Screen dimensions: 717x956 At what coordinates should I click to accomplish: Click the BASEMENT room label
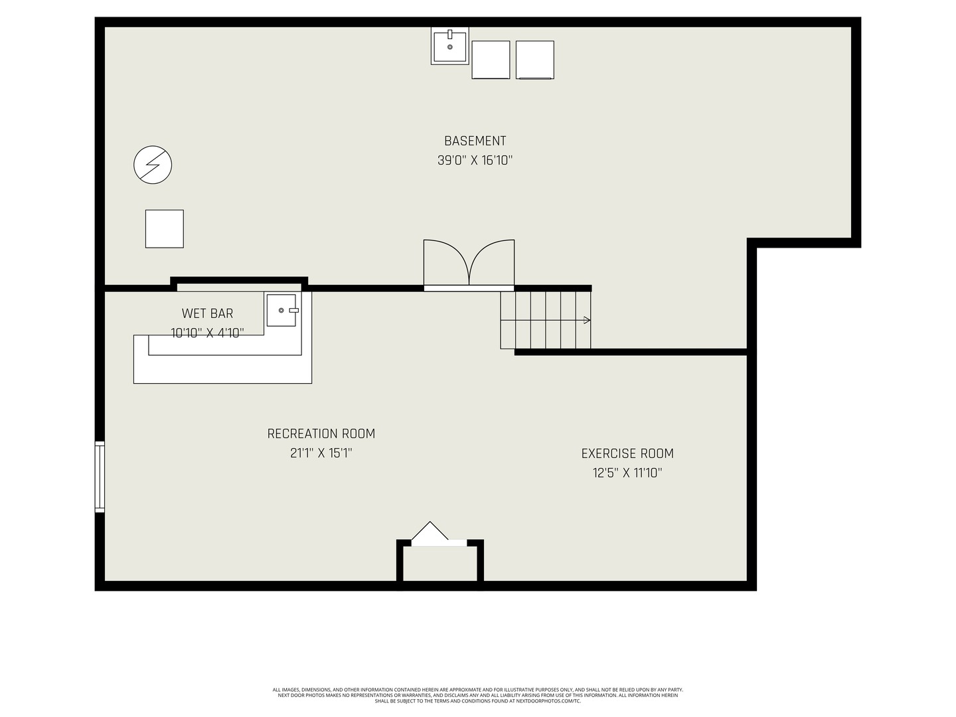pyautogui.click(x=475, y=141)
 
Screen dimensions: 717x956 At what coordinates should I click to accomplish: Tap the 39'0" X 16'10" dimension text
pyautogui.click(x=475, y=161)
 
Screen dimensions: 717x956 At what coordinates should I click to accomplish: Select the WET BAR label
pyautogui.click(x=207, y=313)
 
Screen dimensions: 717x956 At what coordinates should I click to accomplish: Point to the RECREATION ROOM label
pyautogui.click(x=321, y=434)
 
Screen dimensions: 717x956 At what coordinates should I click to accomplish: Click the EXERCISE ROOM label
pyautogui.click(x=627, y=453)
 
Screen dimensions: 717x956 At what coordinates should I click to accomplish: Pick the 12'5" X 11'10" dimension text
pyautogui.click(x=627, y=473)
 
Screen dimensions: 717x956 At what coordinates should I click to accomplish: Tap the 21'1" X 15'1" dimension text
pyautogui.click(x=321, y=453)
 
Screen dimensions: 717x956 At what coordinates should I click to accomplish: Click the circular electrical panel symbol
pyautogui.click(x=153, y=165)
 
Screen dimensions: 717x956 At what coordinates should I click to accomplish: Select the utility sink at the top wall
pyautogui.click(x=449, y=46)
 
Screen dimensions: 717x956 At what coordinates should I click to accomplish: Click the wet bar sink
pyautogui.click(x=281, y=310)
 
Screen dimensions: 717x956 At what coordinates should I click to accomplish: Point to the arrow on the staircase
pyautogui.click(x=586, y=321)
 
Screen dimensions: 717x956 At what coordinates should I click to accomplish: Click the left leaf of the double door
pyautogui.click(x=445, y=262)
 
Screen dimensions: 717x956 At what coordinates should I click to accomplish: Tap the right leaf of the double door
pyautogui.click(x=493, y=262)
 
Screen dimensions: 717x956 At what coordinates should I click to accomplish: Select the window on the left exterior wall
pyautogui.click(x=100, y=477)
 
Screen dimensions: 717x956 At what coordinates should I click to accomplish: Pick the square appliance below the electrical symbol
pyautogui.click(x=165, y=229)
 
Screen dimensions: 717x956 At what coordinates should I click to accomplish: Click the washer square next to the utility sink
pyautogui.click(x=491, y=60)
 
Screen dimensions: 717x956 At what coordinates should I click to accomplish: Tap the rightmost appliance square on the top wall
pyautogui.click(x=534, y=60)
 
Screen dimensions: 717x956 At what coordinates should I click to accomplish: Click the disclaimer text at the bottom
pyautogui.click(x=477, y=695)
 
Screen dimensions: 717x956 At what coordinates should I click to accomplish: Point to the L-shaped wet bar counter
pyautogui.click(x=222, y=368)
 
